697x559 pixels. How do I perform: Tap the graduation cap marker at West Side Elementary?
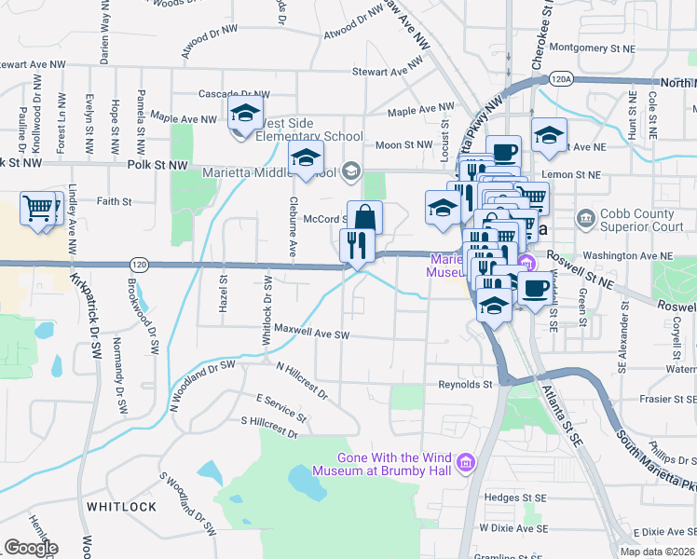coord(244,115)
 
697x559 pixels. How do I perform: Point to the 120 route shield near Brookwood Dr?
coord(136,266)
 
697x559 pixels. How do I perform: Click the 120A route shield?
coord(561,80)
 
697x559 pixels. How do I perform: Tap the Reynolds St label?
coord(465,384)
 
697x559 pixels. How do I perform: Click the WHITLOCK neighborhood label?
coord(121,507)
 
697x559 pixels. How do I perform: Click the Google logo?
coord(31,548)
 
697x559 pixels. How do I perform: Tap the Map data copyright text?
coord(657,552)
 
